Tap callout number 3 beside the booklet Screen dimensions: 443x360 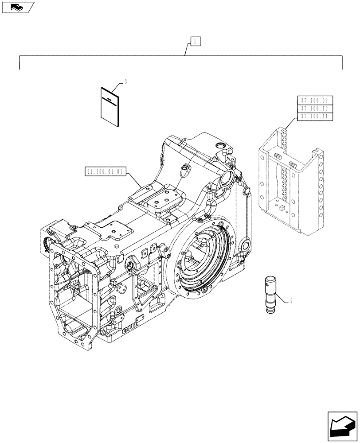point(126,82)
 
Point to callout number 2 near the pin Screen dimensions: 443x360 point(290,302)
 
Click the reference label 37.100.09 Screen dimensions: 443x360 point(313,100)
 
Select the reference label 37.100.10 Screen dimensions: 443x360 point(313,109)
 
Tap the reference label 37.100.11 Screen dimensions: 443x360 point(313,117)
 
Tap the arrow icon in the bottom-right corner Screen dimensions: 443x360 point(341,425)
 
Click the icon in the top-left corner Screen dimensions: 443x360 point(17,7)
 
